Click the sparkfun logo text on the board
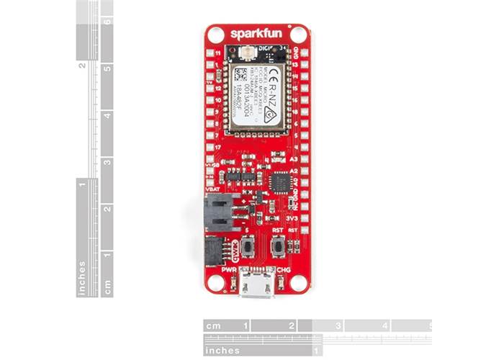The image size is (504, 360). pos(257,33)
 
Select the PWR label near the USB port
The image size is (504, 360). pos(230,269)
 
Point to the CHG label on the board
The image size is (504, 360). pos(284,269)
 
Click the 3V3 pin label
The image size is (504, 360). pos(292,217)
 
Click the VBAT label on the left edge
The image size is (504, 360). pos(213,189)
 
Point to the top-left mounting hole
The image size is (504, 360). pos(215,34)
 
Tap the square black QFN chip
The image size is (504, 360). pos(279,182)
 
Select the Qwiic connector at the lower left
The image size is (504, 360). pos(214,251)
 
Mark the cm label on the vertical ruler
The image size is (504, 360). pos(107,287)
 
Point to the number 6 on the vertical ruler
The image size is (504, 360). pos(107,22)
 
